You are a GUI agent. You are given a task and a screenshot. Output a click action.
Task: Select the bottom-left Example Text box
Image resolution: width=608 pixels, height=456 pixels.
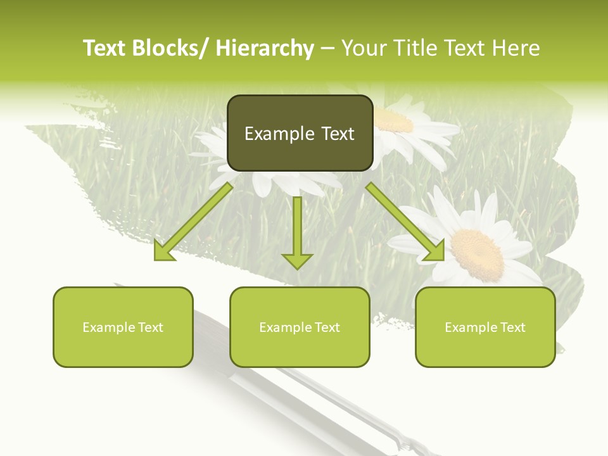point(123,327)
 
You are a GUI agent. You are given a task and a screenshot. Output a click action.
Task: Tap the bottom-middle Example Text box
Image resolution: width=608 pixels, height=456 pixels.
point(300,327)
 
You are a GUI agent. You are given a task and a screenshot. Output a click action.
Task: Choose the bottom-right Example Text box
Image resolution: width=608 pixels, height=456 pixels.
point(485,327)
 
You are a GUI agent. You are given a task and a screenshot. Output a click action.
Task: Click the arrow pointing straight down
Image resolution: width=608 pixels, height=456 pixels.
point(297,232)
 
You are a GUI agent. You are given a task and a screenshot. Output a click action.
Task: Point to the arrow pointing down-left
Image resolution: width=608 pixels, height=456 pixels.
point(193,222)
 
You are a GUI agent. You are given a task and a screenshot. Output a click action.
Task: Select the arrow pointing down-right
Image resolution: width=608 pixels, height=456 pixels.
point(405,222)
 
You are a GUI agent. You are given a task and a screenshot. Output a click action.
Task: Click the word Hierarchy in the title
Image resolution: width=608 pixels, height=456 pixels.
point(265,48)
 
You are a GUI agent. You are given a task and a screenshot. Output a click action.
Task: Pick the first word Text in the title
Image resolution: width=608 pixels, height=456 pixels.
point(106,48)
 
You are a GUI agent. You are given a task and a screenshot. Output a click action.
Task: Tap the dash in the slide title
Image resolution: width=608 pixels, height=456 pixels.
point(327,48)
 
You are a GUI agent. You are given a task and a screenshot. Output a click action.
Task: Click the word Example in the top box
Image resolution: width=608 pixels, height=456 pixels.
point(271,134)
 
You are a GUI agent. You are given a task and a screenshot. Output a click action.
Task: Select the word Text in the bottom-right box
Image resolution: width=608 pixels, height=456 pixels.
point(513,327)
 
